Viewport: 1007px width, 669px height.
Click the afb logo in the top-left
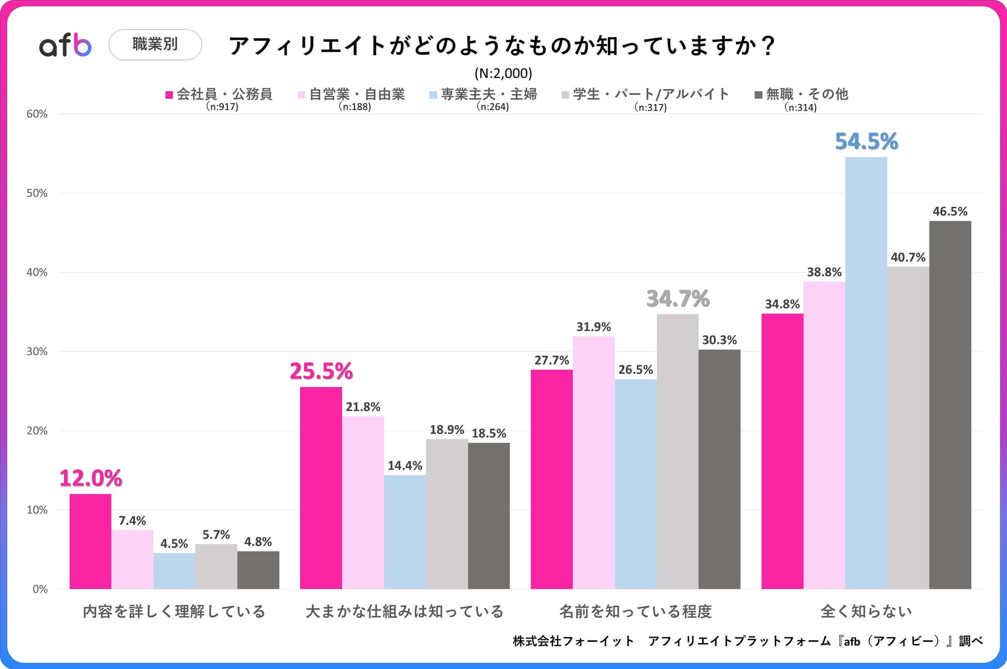pyautogui.click(x=66, y=45)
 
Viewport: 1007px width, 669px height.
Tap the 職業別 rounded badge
pyautogui.click(x=155, y=44)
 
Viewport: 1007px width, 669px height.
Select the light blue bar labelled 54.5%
pyautogui.click(x=866, y=372)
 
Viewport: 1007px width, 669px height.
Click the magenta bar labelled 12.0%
pyautogui.click(x=90, y=541)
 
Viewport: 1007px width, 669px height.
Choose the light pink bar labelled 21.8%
pyautogui.click(x=363, y=502)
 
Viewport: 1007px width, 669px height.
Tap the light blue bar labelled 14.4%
pyautogui.click(x=405, y=532)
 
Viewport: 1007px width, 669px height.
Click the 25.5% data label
pyautogui.click(x=321, y=371)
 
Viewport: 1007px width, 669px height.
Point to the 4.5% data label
pyautogui.click(x=174, y=543)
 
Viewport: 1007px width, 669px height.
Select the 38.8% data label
pyautogui.click(x=824, y=272)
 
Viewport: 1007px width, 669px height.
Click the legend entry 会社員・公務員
pyautogui.click(x=219, y=94)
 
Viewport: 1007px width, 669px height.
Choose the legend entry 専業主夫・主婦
pyautogui.click(x=483, y=94)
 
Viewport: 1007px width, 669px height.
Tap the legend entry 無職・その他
pyautogui.click(x=801, y=94)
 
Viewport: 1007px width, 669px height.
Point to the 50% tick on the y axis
pyautogui.click(x=37, y=193)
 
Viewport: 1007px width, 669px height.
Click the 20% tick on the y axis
pyautogui.click(x=37, y=431)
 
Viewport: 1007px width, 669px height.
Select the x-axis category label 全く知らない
pyautogui.click(x=866, y=612)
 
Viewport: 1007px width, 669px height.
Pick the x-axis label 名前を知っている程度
pyautogui.click(x=636, y=612)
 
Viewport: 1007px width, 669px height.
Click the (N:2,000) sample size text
pyautogui.click(x=503, y=73)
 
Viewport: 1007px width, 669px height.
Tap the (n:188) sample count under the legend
pyautogui.click(x=355, y=107)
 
